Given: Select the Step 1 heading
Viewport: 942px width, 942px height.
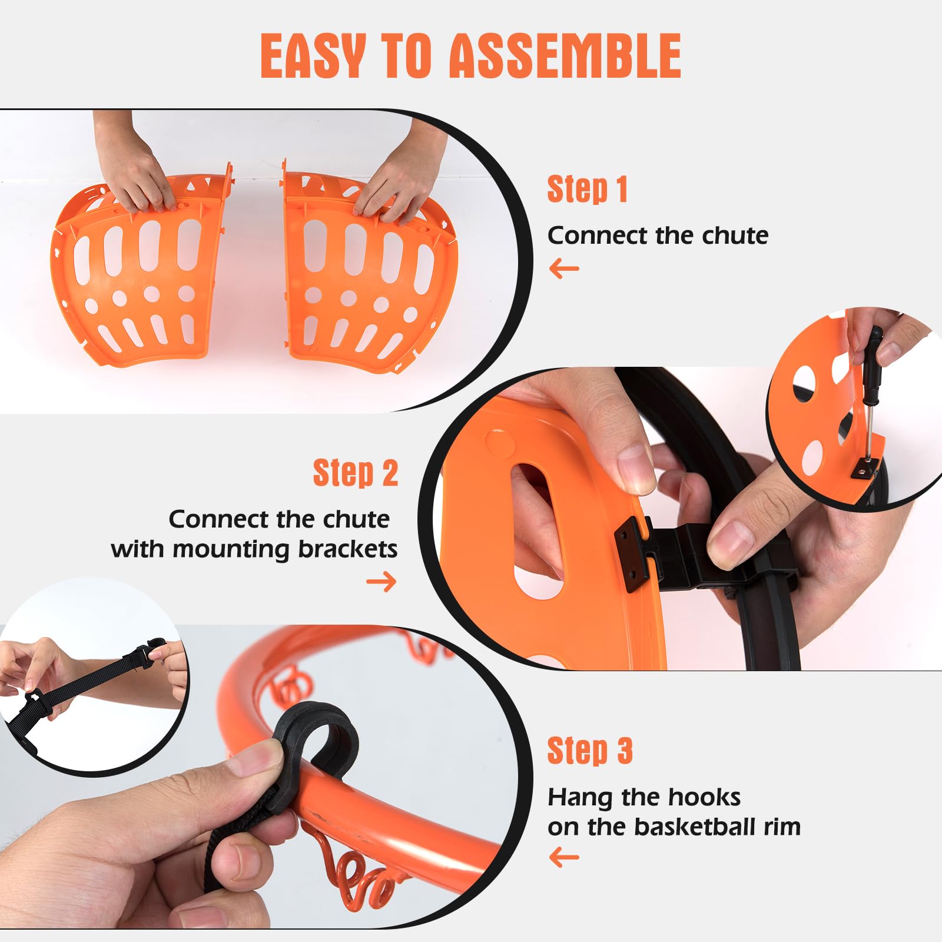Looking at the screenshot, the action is (587, 189).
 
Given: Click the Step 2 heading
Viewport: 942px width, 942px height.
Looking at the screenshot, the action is (355, 473).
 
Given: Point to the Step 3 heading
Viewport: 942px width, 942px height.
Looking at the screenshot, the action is (590, 751).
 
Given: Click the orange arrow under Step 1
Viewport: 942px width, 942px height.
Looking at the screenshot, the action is (564, 270).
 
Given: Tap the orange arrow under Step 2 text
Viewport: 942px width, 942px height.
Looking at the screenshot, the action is (382, 582).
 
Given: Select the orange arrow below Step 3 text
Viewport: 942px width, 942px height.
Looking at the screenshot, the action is (564, 857).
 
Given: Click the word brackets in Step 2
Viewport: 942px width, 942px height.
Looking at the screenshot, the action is (347, 549).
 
